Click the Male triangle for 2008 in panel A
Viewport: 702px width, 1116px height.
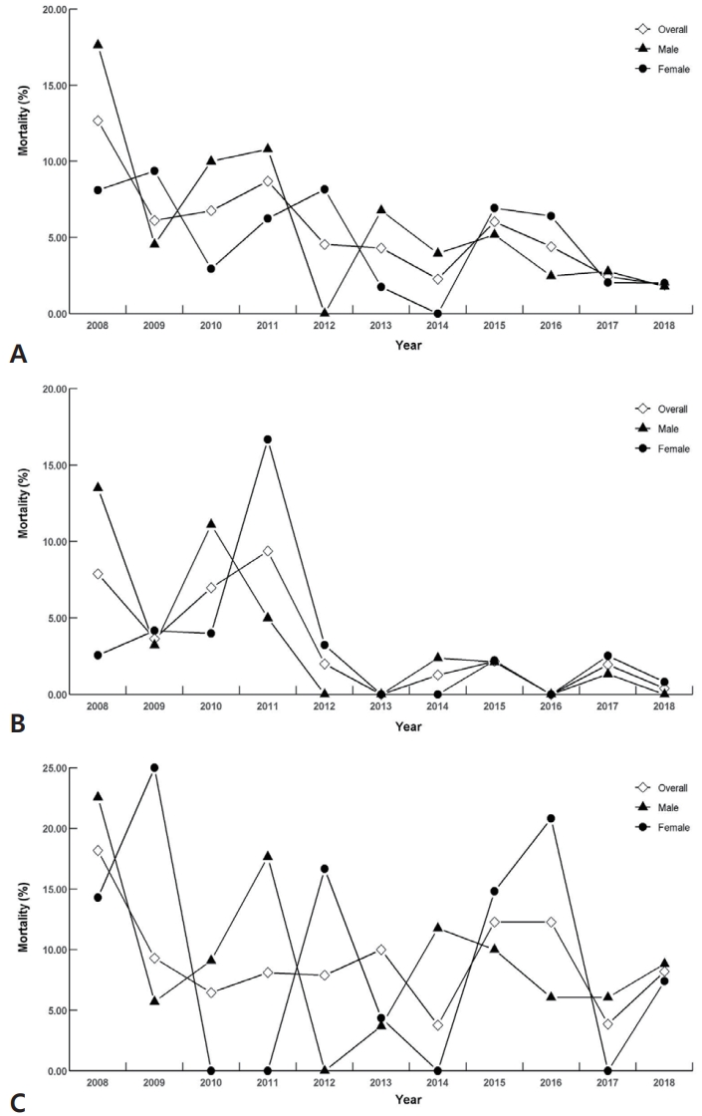click(x=98, y=45)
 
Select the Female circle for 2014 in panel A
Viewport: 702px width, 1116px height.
click(x=438, y=313)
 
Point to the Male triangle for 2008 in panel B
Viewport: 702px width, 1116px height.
click(x=98, y=487)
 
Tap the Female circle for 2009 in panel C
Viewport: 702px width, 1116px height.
click(x=154, y=767)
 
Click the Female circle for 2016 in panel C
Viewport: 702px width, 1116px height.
click(x=551, y=818)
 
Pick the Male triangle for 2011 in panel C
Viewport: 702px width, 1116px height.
click(x=268, y=856)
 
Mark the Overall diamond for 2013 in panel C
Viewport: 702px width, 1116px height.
click(x=381, y=950)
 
